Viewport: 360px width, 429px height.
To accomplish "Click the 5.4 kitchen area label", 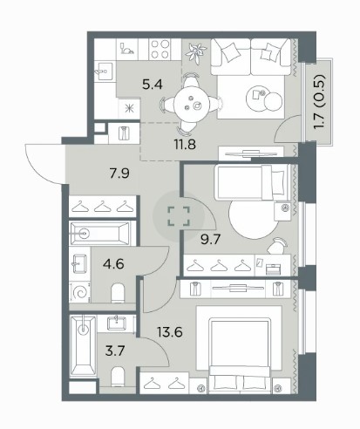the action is click(x=152, y=85).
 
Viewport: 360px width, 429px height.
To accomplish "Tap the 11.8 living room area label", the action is click(x=185, y=144).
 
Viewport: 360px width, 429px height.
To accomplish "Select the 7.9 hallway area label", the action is click(x=119, y=174).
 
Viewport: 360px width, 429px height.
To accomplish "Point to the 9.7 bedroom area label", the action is click(x=211, y=240).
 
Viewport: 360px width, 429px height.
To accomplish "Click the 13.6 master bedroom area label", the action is click(x=170, y=331).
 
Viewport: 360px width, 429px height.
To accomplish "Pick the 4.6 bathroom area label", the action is click(x=113, y=264).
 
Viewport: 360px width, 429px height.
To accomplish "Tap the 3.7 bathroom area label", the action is click(x=115, y=351).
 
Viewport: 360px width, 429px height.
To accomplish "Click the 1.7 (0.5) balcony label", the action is click(x=319, y=103).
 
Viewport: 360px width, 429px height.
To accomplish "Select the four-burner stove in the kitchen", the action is click(x=160, y=49).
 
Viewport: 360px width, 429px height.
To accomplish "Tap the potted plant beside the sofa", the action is click(x=196, y=52).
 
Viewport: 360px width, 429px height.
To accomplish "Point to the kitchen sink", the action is click(x=105, y=71).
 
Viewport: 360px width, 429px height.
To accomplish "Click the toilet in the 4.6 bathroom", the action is click(x=118, y=293).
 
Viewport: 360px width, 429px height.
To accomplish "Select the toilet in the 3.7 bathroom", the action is click(x=118, y=377).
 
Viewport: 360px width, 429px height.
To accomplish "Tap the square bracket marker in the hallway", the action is click(x=179, y=216).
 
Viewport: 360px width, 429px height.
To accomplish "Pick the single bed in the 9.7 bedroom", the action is click(x=252, y=182).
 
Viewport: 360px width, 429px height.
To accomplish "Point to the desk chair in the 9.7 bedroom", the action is click(x=277, y=246).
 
